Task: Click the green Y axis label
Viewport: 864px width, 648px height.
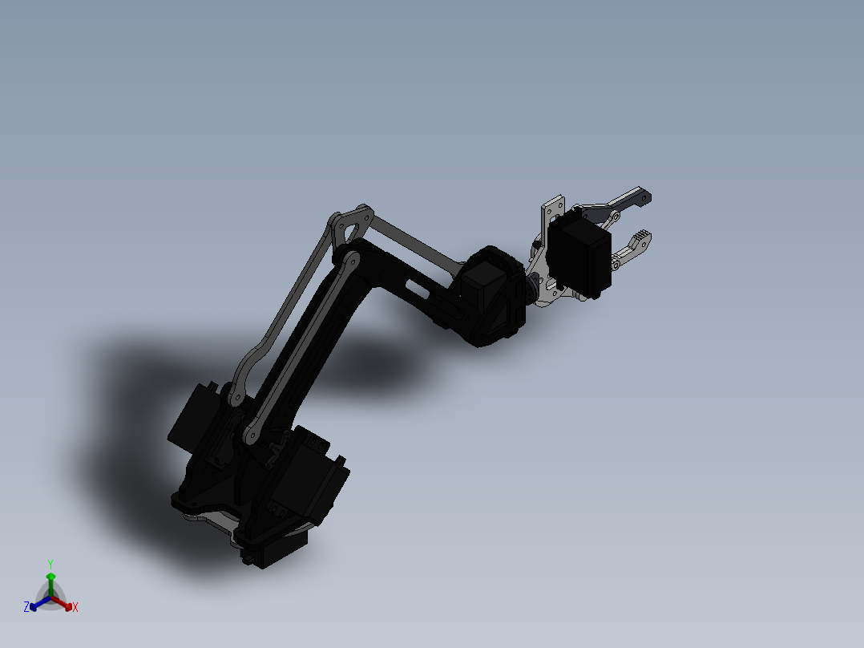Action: [50, 564]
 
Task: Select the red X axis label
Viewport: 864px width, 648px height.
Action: [75, 608]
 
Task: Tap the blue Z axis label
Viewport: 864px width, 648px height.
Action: [26, 608]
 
